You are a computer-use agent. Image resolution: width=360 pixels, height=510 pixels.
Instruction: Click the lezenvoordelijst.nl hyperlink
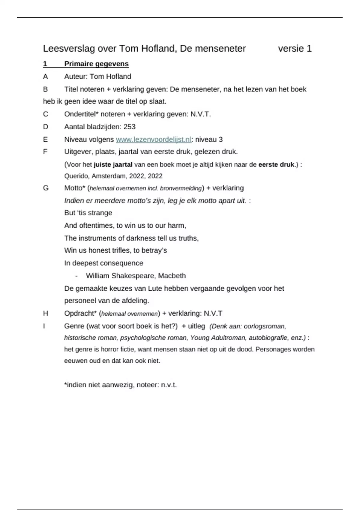coord(153,139)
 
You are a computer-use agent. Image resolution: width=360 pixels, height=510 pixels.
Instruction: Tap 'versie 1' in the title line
coord(295,49)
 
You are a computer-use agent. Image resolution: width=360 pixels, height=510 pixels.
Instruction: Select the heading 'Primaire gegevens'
coord(96,64)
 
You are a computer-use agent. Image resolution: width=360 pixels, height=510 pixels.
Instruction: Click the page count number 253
coord(129,127)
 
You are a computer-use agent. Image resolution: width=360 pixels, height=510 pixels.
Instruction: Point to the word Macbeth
coord(172,276)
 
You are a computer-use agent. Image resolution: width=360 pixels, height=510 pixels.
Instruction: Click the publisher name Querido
coord(76,176)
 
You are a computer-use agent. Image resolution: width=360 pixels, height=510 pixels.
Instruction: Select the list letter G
coord(46,188)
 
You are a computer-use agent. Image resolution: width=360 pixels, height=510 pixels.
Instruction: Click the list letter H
coord(46,313)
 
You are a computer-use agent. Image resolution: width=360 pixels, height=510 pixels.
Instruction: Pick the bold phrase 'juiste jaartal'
coord(113,165)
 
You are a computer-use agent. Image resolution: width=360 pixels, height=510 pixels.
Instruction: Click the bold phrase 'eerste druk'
coord(276,165)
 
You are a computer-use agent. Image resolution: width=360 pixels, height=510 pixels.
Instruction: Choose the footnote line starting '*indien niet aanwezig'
coord(120,385)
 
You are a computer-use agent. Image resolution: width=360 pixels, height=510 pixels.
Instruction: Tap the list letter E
coord(45,139)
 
